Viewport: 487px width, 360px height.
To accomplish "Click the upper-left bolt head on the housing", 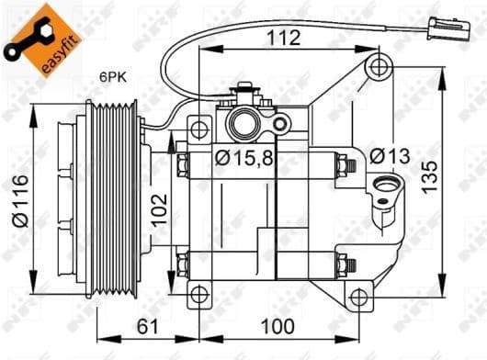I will [183, 166].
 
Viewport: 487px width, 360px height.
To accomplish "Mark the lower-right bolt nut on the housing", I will [346, 266].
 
